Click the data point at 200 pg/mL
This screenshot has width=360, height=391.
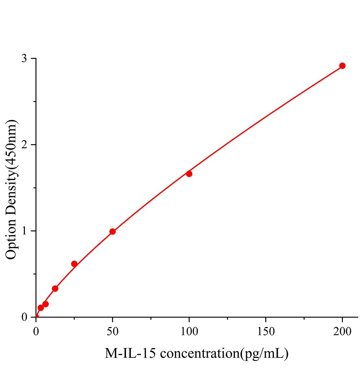tap(342, 66)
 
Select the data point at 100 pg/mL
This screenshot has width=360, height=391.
tap(189, 174)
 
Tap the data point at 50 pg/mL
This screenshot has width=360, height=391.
tap(112, 232)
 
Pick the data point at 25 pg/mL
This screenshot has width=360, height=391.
tap(74, 264)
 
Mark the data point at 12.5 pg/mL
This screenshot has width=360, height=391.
tap(55, 289)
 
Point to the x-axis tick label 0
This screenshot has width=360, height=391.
tap(36, 332)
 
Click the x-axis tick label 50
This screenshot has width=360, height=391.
tap(112, 332)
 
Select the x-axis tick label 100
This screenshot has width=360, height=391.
tap(189, 332)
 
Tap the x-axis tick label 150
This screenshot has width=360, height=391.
tap(266, 332)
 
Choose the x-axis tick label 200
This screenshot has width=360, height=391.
tap(342, 332)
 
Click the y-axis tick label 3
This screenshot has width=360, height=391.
tap(24, 59)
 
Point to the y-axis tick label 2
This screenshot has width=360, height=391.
tap(24, 145)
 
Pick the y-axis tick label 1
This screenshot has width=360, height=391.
tap(24, 231)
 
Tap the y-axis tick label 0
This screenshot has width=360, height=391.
tap(24, 317)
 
